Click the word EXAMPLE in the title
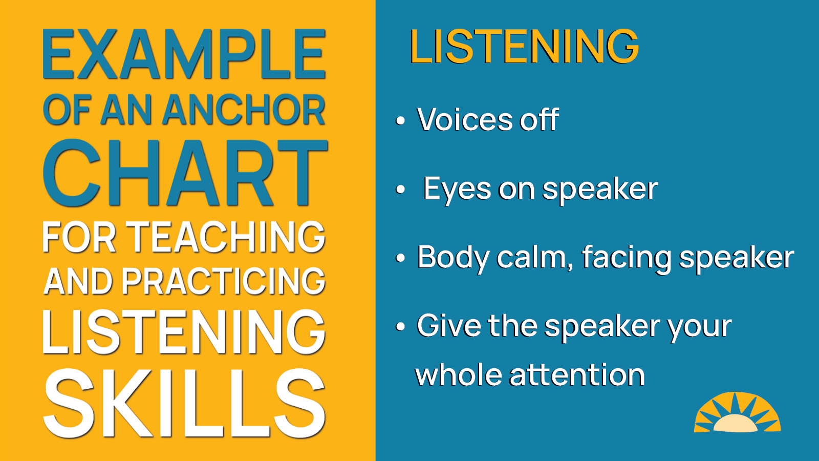[x=184, y=54]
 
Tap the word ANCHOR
[x=244, y=110]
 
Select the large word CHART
[x=185, y=173]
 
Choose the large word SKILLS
[x=184, y=403]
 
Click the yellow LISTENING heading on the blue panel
[x=524, y=47]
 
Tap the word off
[x=539, y=120]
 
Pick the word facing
[x=626, y=258]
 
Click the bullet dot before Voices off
[x=400, y=121]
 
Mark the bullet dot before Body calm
[x=400, y=258]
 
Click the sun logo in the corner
[x=737, y=412]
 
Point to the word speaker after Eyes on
[x=600, y=190]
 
